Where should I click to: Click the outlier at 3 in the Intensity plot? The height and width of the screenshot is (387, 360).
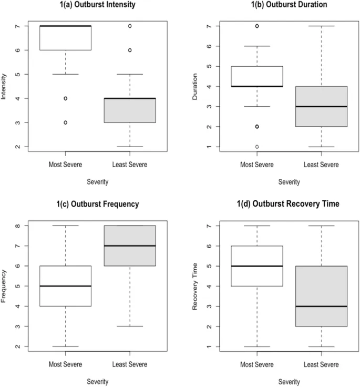65,123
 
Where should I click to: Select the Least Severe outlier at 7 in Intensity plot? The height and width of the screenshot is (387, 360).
130,26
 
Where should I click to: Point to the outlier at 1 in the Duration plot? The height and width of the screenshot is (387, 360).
257,147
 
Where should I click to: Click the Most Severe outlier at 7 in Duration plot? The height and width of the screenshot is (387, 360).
257,26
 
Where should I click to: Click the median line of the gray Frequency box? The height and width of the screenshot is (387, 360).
130,246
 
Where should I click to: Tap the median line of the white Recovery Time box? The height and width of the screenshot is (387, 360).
257,266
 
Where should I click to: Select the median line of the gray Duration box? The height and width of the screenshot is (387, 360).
321,106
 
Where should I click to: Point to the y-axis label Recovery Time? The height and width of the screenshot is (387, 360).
196,287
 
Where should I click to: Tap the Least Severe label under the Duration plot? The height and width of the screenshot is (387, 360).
321,165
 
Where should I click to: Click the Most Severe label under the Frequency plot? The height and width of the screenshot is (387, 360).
65,364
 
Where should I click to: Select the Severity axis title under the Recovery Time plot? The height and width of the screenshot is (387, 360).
289,382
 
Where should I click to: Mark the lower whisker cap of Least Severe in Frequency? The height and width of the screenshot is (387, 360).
130,326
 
